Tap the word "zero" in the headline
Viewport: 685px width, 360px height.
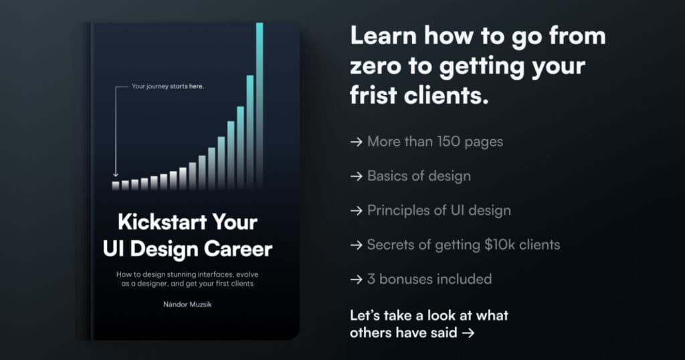click(x=374, y=66)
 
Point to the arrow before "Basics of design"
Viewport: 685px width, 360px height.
click(x=357, y=177)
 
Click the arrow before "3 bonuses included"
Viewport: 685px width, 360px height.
click(x=357, y=278)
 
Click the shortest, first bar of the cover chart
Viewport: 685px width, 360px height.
click(x=116, y=185)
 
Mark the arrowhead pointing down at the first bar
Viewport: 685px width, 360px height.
click(x=116, y=175)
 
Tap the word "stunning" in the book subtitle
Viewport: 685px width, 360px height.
click(x=188, y=274)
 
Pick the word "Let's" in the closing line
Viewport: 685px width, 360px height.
click(x=365, y=314)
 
